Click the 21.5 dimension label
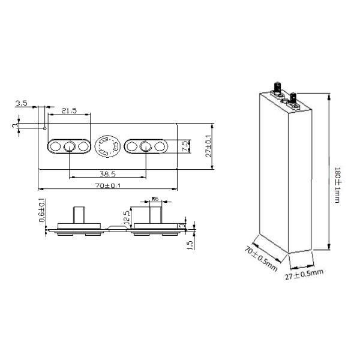point(69,110)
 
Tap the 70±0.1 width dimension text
point(107,185)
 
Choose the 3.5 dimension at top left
point(22,104)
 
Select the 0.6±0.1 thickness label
point(41,211)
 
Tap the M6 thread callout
point(154,198)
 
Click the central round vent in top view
point(107,146)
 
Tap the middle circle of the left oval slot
point(69,146)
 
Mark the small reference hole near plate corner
point(46,128)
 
